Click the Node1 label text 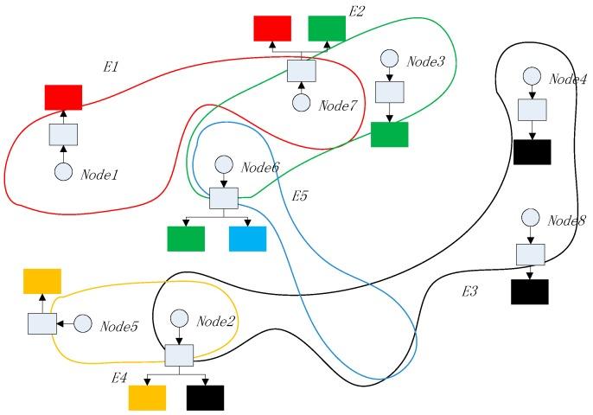click(99, 175)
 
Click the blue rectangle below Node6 click(248, 239)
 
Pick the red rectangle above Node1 click(63, 98)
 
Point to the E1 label click(112, 66)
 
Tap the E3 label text click(469, 291)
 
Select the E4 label click(119, 378)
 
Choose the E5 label click(300, 195)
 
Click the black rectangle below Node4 click(532, 151)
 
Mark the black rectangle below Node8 click(530, 291)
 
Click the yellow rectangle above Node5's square click(42, 281)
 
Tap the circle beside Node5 click(83, 324)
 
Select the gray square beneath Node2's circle click(179, 354)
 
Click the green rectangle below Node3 click(389, 134)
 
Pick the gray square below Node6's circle click(223, 198)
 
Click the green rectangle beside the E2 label click(327, 29)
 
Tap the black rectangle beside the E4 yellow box click(205, 397)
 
